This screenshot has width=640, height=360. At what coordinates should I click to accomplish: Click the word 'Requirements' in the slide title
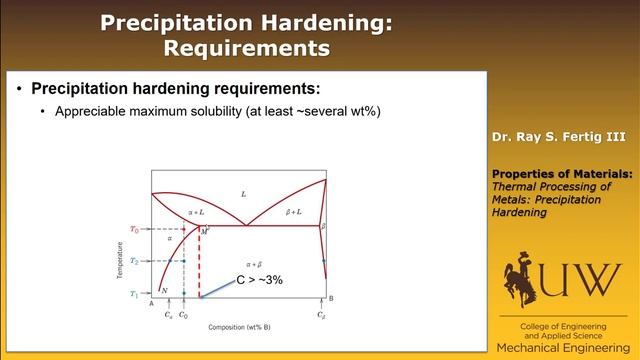(246, 46)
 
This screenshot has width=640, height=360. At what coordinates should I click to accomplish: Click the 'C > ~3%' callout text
(259, 280)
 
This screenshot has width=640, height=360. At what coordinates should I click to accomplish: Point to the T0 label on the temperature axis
(135, 228)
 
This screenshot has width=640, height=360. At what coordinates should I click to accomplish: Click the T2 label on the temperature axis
(135, 261)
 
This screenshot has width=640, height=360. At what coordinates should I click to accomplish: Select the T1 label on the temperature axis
(135, 295)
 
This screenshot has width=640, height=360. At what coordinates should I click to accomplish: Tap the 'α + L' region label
(196, 213)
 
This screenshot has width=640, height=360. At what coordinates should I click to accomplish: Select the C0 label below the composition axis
(183, 314)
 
